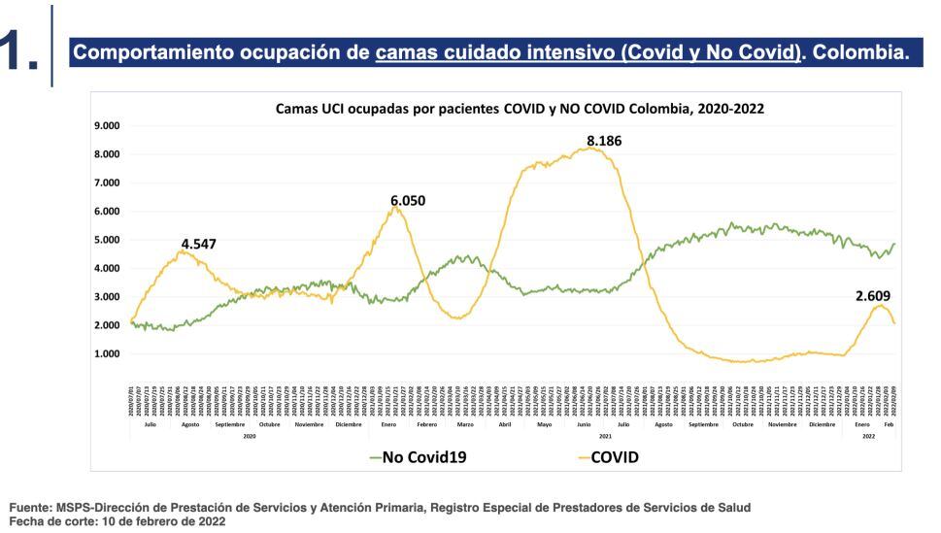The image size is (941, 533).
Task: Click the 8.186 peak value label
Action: [604, 141]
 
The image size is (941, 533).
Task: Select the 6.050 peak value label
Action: [408, 201]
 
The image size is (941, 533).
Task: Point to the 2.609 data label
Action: [873, 296]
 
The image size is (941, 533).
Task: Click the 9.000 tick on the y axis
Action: [106, 126]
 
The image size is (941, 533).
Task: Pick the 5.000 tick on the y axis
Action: [106, 240]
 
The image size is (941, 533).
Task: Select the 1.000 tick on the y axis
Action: [106, 354]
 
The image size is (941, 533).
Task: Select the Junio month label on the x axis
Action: [585, 424]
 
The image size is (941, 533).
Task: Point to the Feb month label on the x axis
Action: [889, 424]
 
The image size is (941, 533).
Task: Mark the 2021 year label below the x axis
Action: [605, 437]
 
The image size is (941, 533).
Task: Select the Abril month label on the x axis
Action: [505, 424]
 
